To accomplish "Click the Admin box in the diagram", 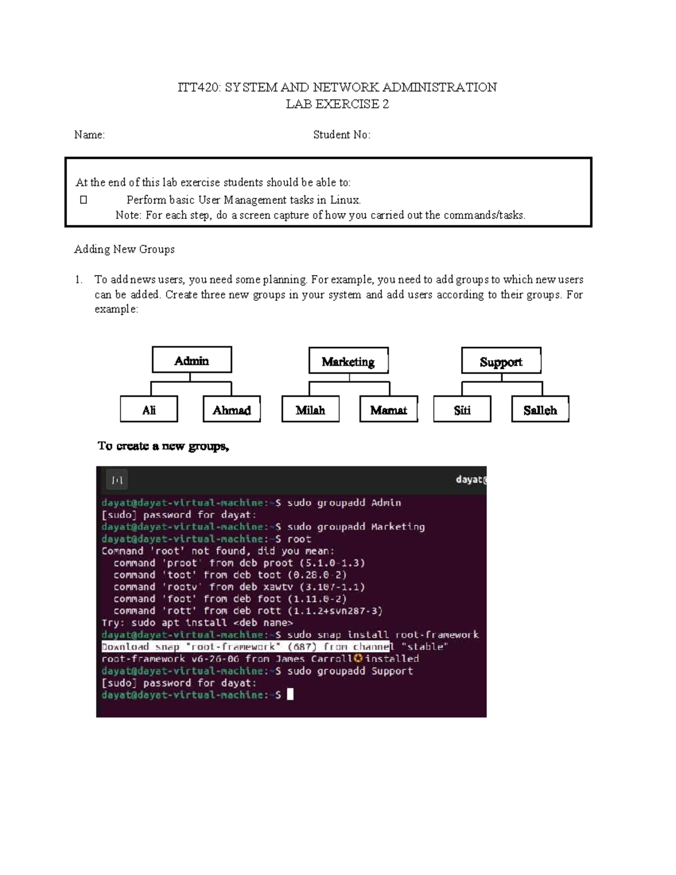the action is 192,360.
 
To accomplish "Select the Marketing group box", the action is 348,361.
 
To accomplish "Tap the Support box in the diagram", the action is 501,361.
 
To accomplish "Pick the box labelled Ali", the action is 149,410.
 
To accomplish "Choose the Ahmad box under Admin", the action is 232,410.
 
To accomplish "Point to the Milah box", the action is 310,410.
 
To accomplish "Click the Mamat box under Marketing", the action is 388,410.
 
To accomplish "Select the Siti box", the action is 462,410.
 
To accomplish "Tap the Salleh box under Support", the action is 540,410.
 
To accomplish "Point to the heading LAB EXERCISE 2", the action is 337,104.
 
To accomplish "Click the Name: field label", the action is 90,135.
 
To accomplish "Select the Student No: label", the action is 341,135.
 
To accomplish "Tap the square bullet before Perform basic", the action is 83,199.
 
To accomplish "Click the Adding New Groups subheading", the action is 124,249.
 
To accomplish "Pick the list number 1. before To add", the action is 79,279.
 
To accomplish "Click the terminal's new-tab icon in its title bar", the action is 117,480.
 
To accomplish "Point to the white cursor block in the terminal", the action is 290,695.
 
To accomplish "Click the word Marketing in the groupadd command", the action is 398,527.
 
